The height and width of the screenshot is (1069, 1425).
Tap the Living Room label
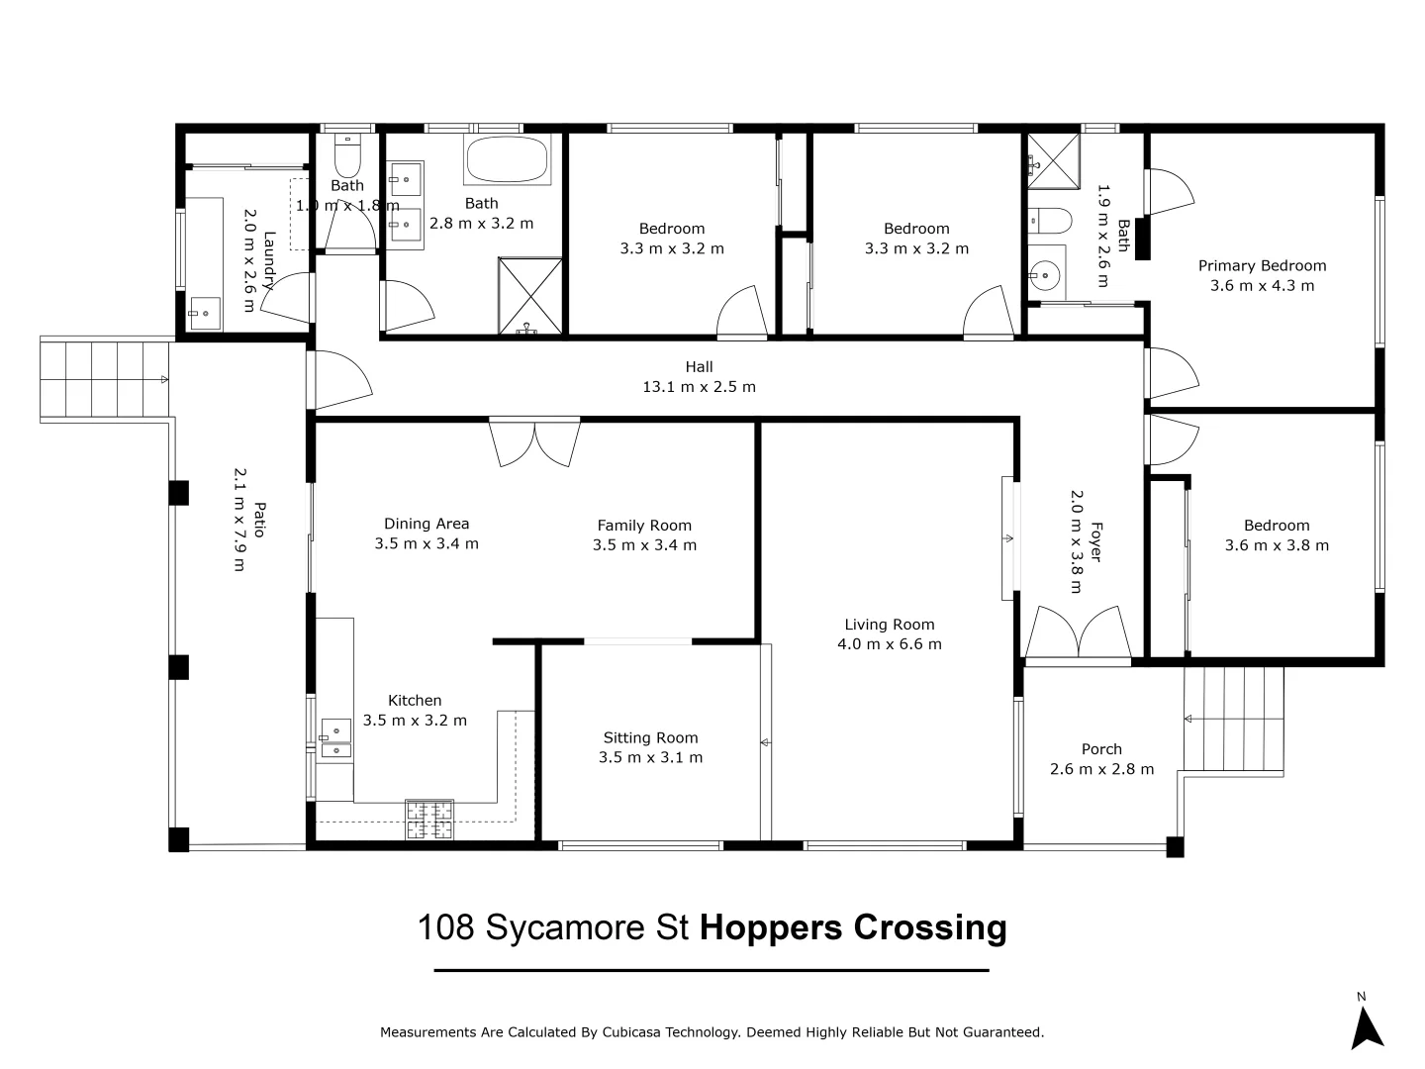(x=889, y=625)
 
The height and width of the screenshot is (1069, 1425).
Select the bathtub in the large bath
(x=507, y=159)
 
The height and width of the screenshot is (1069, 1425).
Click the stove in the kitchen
(x=429, y=820)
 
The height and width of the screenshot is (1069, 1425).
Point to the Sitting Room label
(x=650, y=737)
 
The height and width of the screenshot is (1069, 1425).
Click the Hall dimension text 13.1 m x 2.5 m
(x=699, y=387)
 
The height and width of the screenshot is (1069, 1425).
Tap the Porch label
(x=1101, y=749)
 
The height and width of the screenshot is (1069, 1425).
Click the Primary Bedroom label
(x=1262, y=265)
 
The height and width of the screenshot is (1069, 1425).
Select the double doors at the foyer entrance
(x=1079, y=632)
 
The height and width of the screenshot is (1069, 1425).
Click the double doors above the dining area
(x=534, y=442)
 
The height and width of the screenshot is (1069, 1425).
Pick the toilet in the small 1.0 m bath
(x=347, y=155)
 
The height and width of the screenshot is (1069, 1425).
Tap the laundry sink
(x=205, y=314)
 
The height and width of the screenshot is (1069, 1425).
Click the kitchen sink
(x=335, y=738)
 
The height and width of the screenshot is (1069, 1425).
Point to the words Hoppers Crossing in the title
(x=853, y=928)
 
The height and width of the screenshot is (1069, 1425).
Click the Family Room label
(x=644, y=525)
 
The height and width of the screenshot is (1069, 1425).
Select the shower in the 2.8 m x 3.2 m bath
(x=529, y=296)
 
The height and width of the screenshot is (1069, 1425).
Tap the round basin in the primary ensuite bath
(x=1046, y=275)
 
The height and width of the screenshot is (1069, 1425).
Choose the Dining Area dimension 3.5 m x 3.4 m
(x=426, y=543)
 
